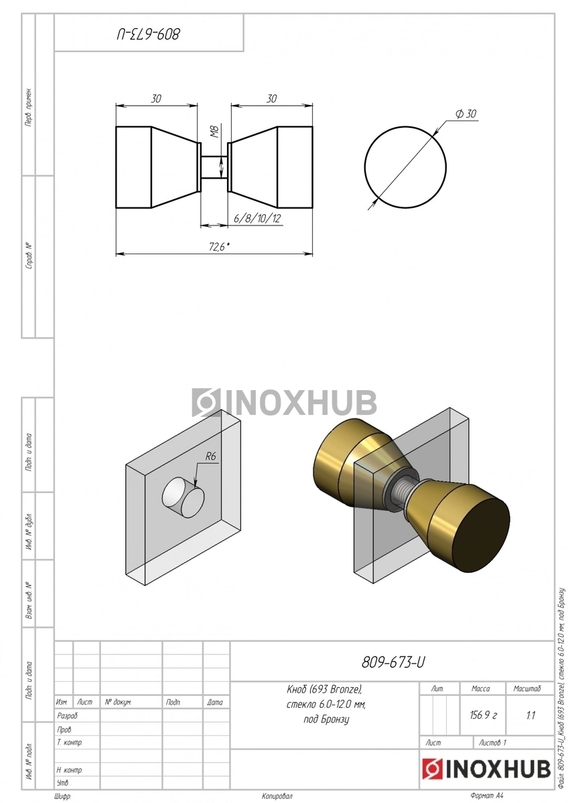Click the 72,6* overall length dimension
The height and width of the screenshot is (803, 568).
(219, 247)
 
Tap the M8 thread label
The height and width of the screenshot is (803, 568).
(215, 133)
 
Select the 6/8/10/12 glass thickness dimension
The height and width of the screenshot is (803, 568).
(257, 218)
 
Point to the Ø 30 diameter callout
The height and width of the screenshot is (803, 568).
(466, 114)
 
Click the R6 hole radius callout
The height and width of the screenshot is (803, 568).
(210, 456)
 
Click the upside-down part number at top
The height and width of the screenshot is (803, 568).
(148, 34)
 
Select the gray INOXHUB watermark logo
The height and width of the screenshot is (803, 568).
(284, 402)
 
